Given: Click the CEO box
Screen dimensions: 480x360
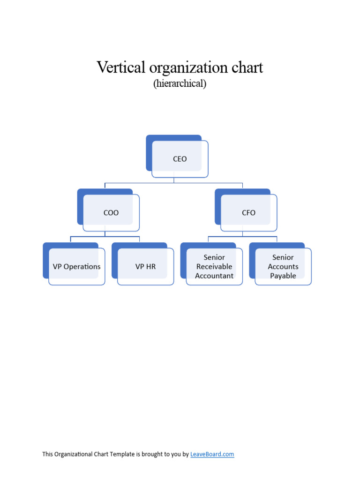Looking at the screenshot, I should coord(180,159).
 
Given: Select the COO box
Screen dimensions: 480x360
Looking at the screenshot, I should coord(111,213).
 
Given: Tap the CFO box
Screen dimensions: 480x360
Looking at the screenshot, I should coord(248,213).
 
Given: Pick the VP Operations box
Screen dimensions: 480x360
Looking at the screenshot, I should coord(76,267).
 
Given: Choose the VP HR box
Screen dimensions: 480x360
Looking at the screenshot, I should coord(145,267).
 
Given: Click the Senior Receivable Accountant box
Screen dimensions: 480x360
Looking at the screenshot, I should coord(214,267).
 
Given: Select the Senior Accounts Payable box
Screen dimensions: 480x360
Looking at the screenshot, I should coord(283,267).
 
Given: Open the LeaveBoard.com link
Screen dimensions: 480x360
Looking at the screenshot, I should coord(212,454).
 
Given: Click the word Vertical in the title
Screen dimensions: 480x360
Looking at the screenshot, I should coord(121,67).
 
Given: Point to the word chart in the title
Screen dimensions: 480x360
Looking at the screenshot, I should coord(248,67).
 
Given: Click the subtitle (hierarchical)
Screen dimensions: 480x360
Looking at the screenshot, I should coord(180,84).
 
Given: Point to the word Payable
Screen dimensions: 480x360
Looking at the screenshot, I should coord(283,276).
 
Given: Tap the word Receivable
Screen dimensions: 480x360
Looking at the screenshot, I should coord(214,267).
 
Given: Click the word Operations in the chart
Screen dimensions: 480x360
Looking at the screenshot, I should coord(82,267).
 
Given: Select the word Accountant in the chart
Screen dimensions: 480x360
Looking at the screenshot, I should coord(214,276).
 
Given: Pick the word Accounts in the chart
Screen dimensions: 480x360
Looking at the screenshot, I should coord(283,267).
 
